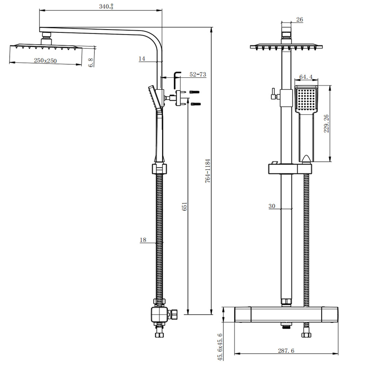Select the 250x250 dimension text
pyautogui.click(x=45, y=61)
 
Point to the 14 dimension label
pyautogui.click(x=142, y=58)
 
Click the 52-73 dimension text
pyautogui.click(x=198, y=74)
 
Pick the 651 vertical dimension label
pyautogui.click(x=185, y=206)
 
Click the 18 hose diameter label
pyautogui.click(x=143, y=240)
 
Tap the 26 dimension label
pyautogui.click(x=300, y=20)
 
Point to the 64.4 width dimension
pyautogui.click(x=306, y=77)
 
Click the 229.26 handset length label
pyautogui.click(x=326, y=123)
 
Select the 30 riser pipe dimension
pyautogui.click(x=272, y=206)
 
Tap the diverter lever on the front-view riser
pyautogui.click(x=273, y=94)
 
